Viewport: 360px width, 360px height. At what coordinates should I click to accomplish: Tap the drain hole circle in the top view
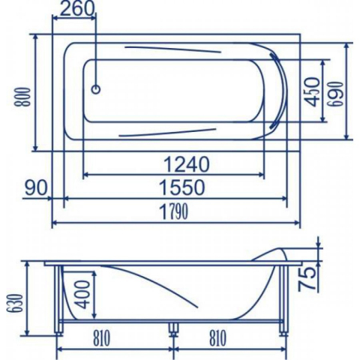96,89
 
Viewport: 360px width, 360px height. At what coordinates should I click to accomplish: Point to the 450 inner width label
311,91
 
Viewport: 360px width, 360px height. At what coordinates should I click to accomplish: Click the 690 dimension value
337,94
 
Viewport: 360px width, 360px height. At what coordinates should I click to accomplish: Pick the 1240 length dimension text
186,164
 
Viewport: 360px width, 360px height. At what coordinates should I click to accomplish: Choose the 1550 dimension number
182,187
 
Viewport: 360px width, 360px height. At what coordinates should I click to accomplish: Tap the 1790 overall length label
173,212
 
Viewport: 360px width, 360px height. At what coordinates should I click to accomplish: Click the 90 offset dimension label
36,187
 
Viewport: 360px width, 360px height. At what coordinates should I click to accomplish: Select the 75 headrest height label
307,279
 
